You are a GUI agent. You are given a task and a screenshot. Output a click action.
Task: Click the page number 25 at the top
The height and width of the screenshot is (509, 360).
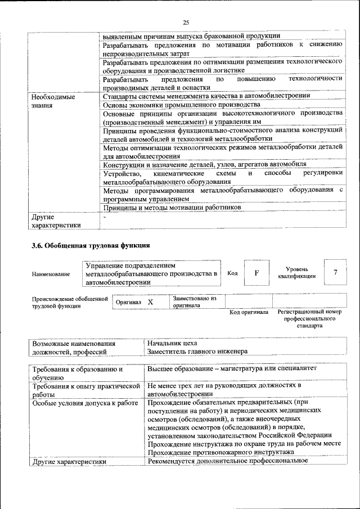pos(186,22)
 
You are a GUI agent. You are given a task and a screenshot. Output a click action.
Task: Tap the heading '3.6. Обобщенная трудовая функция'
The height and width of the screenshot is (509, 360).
pos(90,245)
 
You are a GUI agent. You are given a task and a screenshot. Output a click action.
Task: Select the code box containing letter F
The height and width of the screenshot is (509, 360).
pos(256,273)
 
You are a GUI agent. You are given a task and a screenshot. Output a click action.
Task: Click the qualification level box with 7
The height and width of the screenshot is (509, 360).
pos(335,273)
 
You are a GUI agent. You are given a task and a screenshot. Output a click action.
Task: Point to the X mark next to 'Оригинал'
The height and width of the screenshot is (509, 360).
pos(150,302)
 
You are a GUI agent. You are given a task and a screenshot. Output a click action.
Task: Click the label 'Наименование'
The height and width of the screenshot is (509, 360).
pos(51,274)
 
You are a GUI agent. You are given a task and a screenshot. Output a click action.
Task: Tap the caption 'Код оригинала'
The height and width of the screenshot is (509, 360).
pos(249,312)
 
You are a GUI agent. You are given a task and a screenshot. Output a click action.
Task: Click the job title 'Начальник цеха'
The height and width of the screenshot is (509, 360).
pos(172,343)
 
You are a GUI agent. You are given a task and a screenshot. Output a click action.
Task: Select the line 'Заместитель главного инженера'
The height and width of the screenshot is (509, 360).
pos(197,352)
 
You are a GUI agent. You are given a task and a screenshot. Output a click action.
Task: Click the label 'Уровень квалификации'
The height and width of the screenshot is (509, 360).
pos(296,273)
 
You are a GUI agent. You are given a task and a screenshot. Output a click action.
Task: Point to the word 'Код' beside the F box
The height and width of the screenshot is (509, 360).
pos(232,273)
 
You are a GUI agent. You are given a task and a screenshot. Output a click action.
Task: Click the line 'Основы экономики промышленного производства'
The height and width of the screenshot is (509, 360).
pos(182,105)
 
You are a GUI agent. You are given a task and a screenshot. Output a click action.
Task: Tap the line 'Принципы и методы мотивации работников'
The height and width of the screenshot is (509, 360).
pos(172,208)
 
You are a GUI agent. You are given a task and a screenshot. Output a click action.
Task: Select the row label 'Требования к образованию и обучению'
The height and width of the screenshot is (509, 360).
pos(77,373)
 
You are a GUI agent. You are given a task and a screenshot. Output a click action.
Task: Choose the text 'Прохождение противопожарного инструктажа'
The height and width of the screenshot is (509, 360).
pos(220,452)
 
